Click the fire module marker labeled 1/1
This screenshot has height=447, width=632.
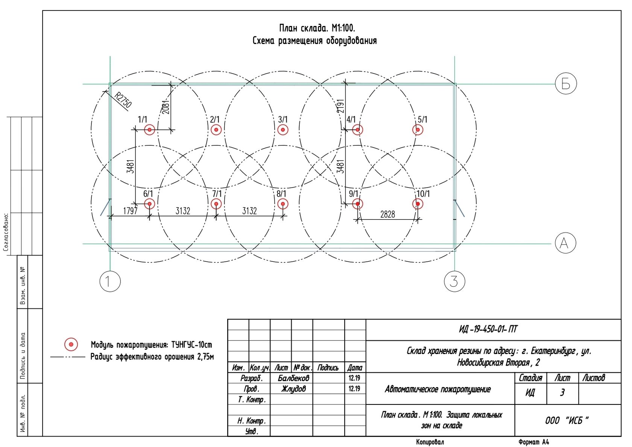point(149,130)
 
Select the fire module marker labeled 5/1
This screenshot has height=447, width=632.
point(418,130)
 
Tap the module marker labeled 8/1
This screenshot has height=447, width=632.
point(283,204)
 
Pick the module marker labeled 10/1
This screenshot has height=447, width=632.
point(418,204)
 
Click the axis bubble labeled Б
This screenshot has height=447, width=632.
point(566,84)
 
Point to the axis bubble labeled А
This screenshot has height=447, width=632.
point(565,243)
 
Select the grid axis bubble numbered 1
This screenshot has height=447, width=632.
point(110,281)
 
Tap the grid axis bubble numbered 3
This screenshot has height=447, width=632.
point(454,281)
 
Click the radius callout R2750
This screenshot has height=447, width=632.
point(123,100)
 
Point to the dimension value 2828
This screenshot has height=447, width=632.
point(387,214)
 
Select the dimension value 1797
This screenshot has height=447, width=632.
point(130,211)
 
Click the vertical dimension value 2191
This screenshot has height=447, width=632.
point(340,106)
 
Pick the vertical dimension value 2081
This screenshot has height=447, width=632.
point(166,107)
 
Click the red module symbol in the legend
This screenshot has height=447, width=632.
point(71,344)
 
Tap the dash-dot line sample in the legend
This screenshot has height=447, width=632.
point(68,357)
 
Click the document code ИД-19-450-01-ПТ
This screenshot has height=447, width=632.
point(488,330)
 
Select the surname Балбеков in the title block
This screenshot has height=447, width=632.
point(293,378)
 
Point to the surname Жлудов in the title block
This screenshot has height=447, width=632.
point(293,389)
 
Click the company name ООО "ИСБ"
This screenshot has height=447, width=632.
point(567,420)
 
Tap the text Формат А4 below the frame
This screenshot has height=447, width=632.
point(533,442)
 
